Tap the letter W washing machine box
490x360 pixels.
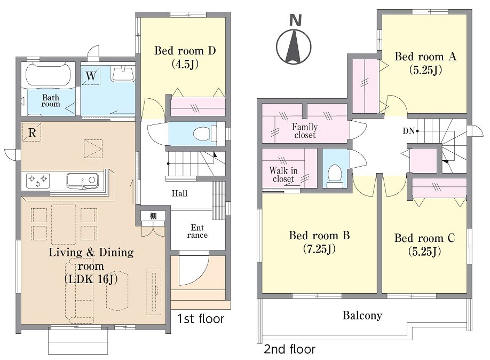tap(91, 75)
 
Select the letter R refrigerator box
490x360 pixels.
tap(32, 132)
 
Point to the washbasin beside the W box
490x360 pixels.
tap(123, 74)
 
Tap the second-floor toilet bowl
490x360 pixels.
tap(335, 176)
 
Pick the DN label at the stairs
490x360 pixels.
tap(408, 131)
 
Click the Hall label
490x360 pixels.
tap(179, 193)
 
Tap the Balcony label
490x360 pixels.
tap(362, 315)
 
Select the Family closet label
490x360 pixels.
tap(305, 131)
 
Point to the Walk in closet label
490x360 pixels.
tap(283, 175)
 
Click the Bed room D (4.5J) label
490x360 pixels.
tap(185, 57)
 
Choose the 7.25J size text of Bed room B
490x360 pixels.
tap(319, 249)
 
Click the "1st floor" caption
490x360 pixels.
tap(201, 319)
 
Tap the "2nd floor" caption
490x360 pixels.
tap(290, 349)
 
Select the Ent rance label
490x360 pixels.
tap(197, 231)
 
